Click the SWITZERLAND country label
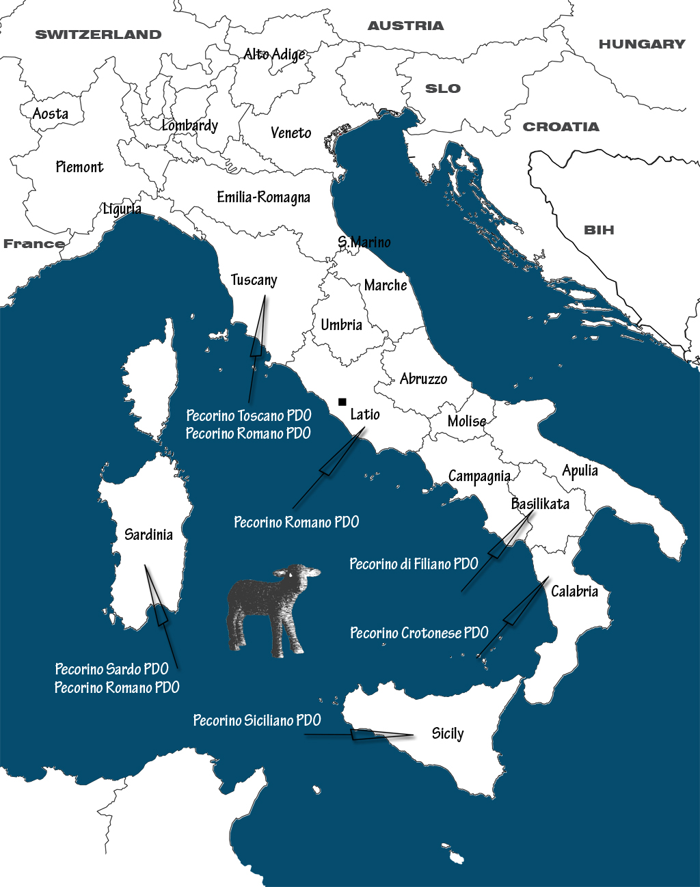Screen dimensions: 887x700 pos(98,35)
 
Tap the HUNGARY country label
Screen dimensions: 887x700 pos(642,44)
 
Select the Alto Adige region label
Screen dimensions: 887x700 pos(274,54)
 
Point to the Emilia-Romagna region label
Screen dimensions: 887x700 pos(263,197)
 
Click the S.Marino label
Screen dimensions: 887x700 pos(364,242)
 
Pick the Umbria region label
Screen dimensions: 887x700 pos(341,325)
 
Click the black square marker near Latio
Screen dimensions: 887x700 pos(342,402)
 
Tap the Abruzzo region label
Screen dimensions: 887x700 pos(423,379)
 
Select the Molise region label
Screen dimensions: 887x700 pos(467,421)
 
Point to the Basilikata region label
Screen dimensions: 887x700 pos(540,504)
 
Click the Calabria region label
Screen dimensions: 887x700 pos(574,591)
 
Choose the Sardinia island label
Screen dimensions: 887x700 pos(148,534)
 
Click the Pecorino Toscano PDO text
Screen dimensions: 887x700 pos(249,415)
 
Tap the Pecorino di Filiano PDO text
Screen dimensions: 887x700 pos(414,564)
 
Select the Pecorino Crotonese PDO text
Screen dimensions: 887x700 pos(419,633)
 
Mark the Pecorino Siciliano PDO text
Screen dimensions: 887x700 pos(257,720)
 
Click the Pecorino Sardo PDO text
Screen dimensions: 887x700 pos(111,669)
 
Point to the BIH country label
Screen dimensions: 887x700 pos(599,230)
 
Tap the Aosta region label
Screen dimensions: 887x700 pos(51,114)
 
